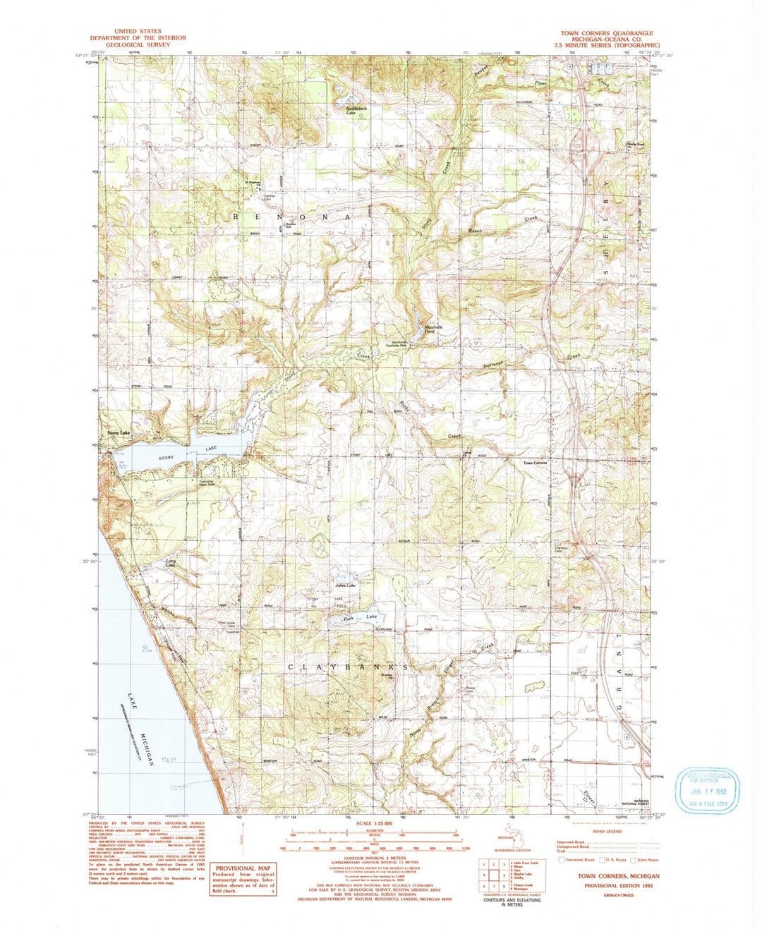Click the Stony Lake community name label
click(118, 432)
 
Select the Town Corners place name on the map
click(535, 463)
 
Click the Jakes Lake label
click(345, 585)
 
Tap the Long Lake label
click(169, 563)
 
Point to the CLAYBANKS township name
click(348, 667)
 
